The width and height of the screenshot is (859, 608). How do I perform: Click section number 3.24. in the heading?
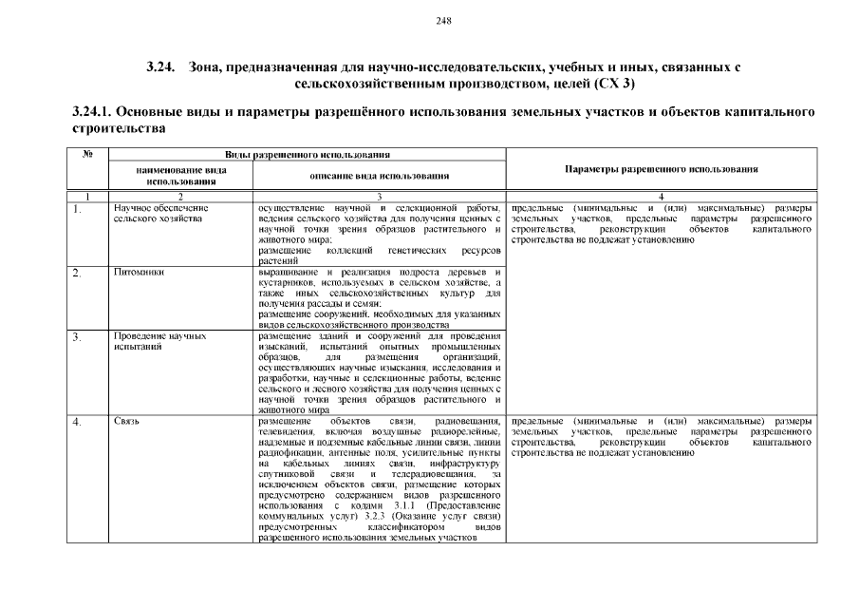tap(162, 67)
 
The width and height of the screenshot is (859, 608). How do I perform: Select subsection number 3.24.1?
tap(93, 112)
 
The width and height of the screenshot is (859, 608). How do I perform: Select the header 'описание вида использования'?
tap(379, 175)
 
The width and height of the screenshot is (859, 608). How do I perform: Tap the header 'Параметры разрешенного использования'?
tap(661, 168)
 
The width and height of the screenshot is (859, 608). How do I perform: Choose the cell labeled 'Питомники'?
tap(140, 273)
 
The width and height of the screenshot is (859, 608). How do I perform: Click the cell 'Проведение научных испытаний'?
tap(159, 341)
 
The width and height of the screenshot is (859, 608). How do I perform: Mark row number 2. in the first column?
tap(77, 274)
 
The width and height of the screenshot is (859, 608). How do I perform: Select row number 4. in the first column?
tap(77, 421)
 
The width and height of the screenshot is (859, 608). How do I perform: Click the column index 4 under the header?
tap(661, 196)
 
